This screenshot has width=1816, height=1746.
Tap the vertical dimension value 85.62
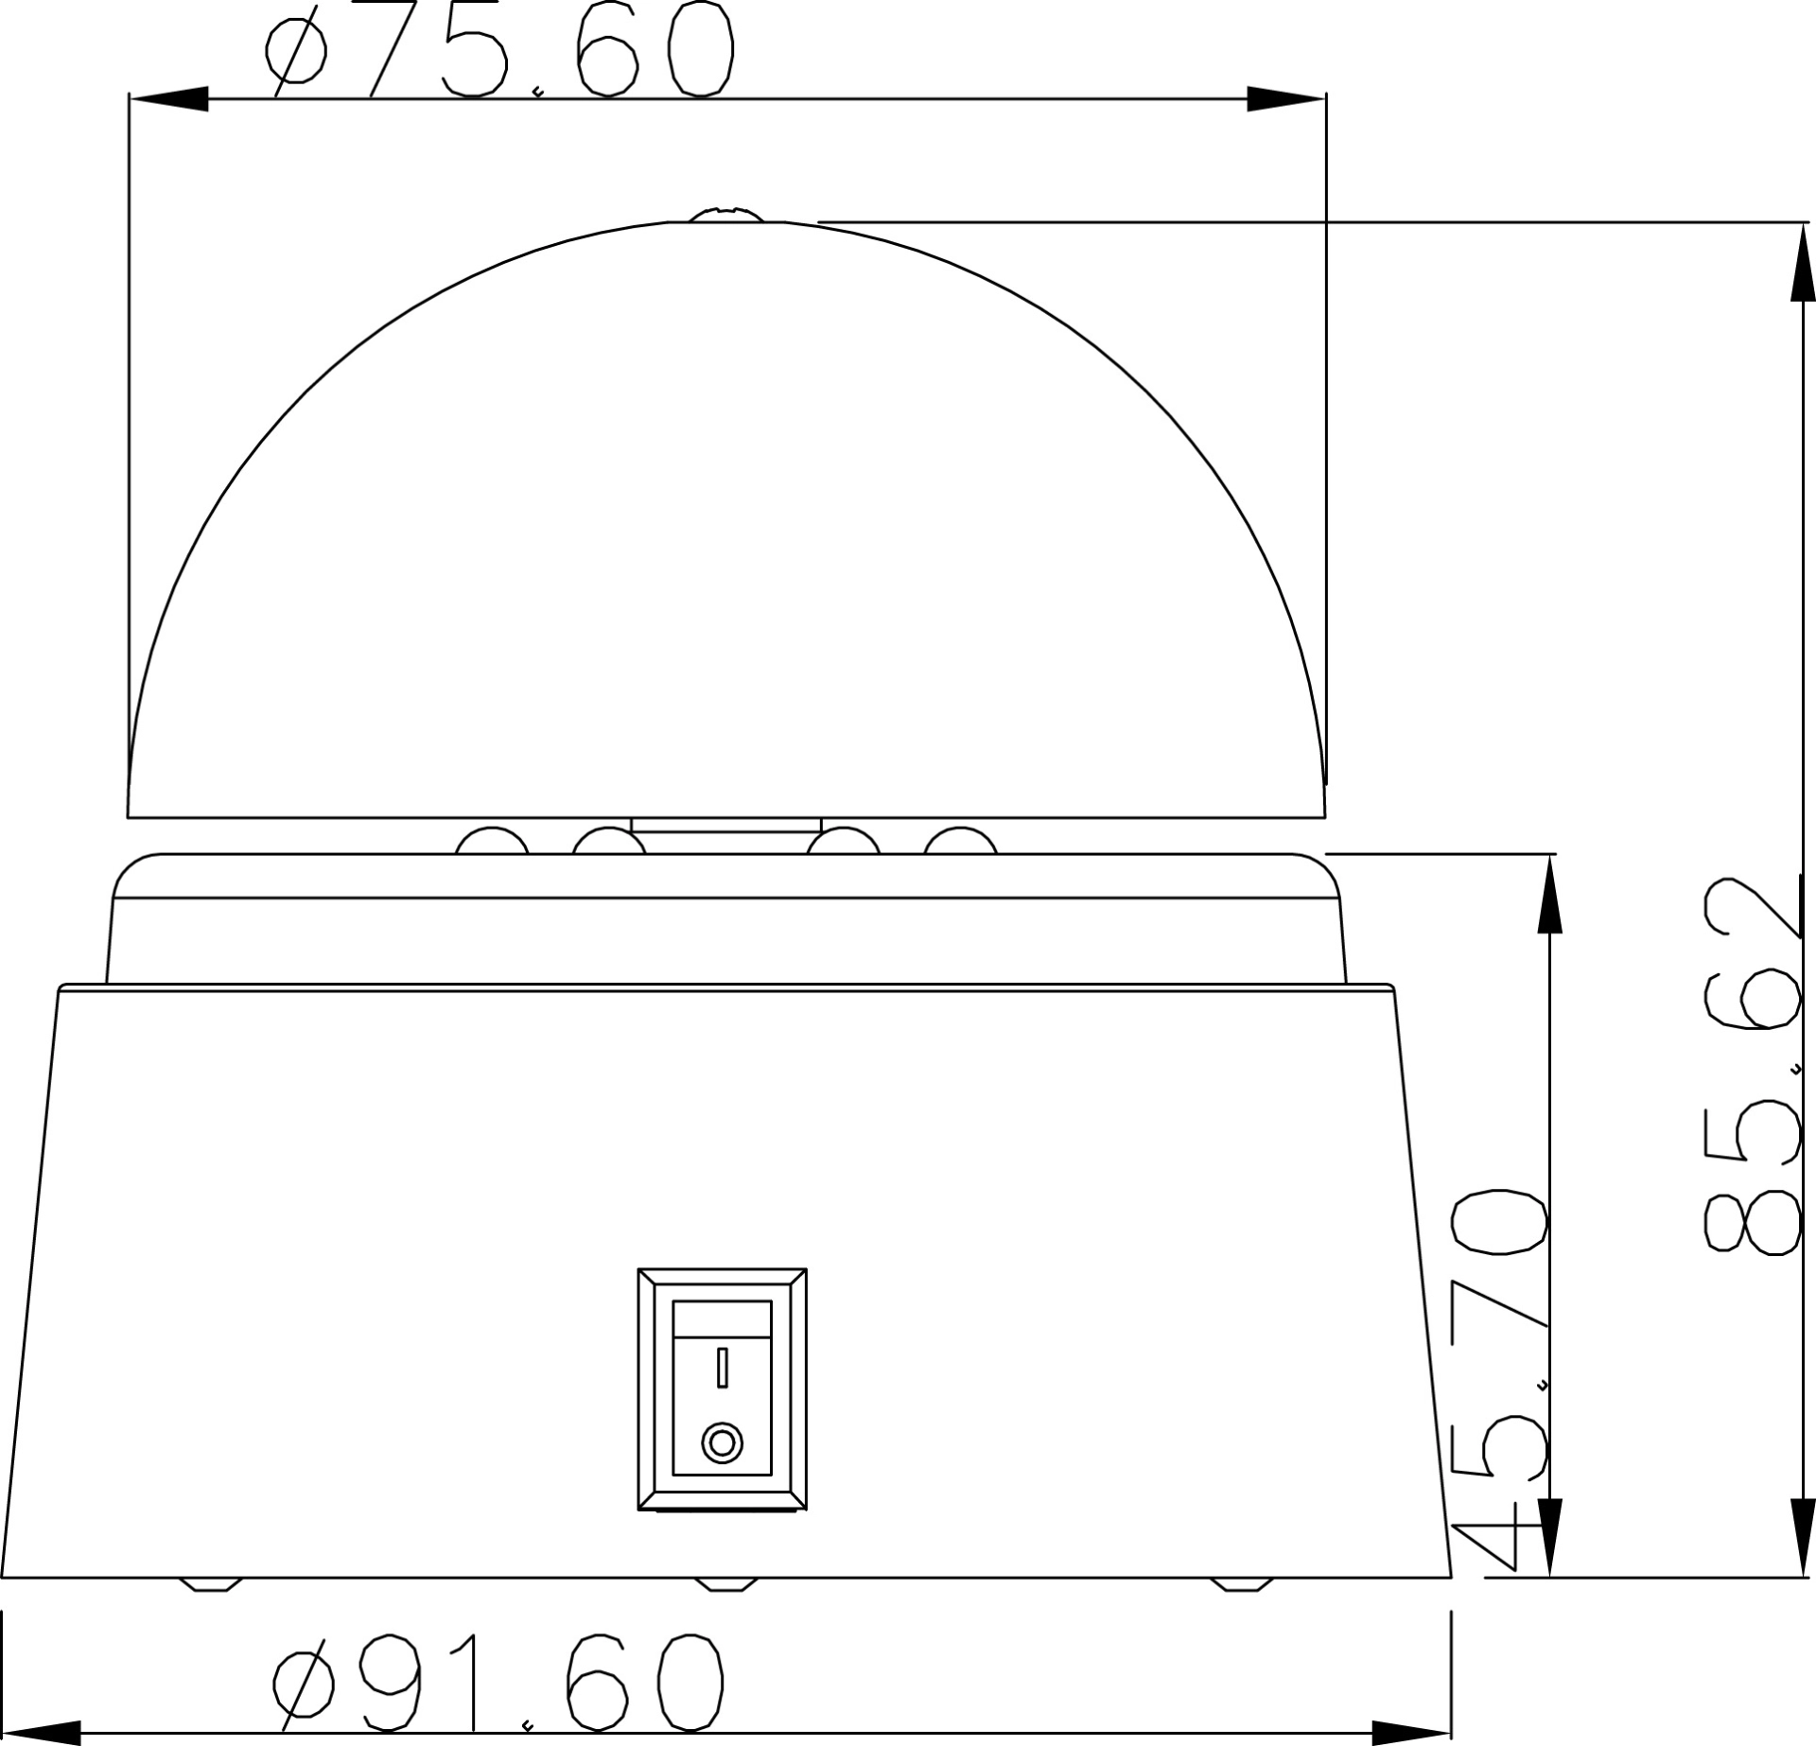coord(1752,1066)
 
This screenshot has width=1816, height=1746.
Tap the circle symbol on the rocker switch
coord(722,1443)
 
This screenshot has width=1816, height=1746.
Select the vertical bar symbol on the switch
coord(723,1368)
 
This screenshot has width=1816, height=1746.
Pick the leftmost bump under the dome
coord(492,840)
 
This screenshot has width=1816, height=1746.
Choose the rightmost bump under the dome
coord(960,840)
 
